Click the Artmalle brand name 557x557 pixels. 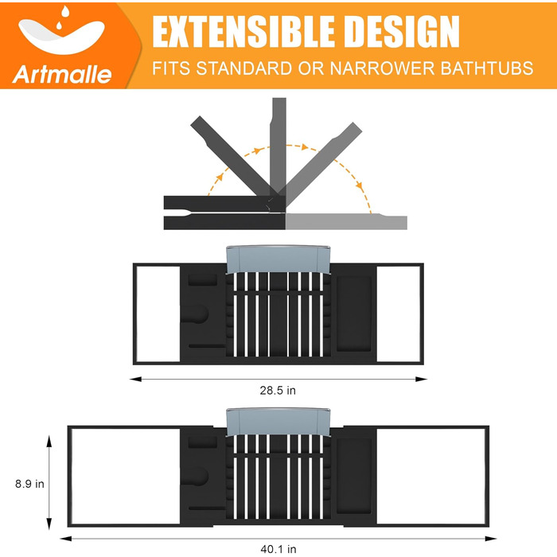click(x=62, y=75)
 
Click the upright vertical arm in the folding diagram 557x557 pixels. click(x=278, y=143)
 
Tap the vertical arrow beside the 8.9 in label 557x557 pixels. click(x=51, y=482)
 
